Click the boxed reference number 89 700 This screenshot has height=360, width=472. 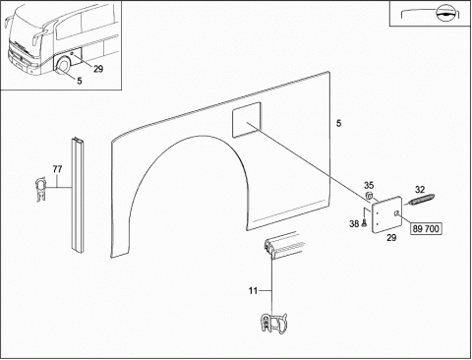(426, 228)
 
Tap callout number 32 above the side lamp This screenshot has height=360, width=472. (420, 190)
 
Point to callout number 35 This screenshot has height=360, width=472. (369, 185)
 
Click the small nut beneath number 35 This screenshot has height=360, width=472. (369, 196)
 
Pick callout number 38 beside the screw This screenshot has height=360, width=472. (354, 224)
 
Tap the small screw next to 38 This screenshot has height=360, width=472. (364, 223)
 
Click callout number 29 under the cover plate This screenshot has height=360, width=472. (391, 238)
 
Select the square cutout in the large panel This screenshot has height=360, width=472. (247, 119)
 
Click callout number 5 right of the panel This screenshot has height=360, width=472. (338, 123)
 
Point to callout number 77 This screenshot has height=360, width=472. (57, 169)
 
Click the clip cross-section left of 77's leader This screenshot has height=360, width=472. (40, 189)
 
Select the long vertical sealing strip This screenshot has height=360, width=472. (78, 196)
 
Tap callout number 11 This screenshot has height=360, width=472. (253, 290)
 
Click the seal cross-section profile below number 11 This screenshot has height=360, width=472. (273, 323)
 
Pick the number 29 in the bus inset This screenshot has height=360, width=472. (98, 69)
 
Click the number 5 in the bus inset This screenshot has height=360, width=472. (80, 81)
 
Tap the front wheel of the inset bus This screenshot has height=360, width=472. (63, 66)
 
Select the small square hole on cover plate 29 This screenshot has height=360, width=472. (396, 213)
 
